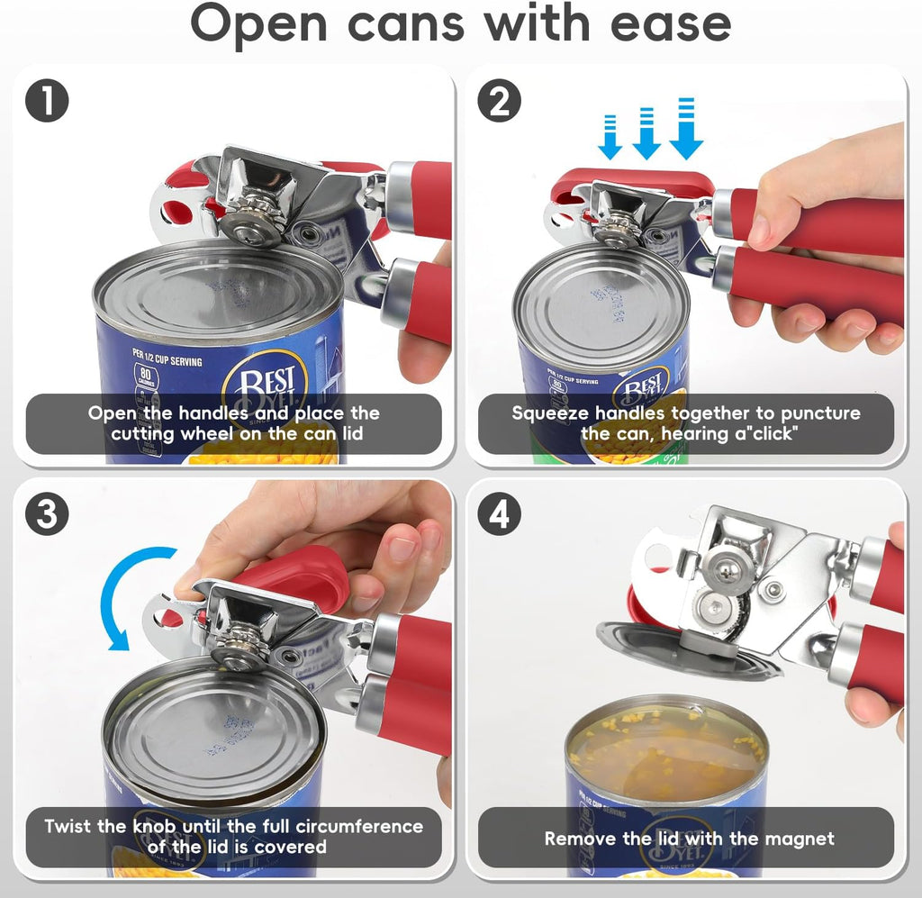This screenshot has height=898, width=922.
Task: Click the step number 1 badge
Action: click(x=47, y=102)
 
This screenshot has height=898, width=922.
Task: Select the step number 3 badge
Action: click(x=47, y=515)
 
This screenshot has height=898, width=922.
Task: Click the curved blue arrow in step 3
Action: click(x=126, y=594)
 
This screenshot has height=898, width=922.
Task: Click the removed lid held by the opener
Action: click(x=684, y=649)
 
